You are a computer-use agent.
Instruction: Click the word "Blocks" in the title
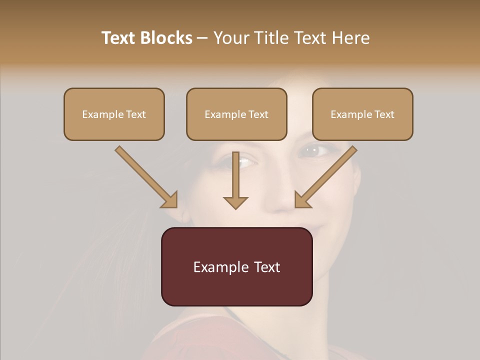(166, 38)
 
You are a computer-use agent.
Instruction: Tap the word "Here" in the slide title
(349, 38)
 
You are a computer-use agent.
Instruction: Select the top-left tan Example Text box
(114, 114)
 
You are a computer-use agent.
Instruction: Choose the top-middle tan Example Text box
(236, 114)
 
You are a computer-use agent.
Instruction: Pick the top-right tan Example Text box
(362, 114)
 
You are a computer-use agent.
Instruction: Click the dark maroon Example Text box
(236, 266)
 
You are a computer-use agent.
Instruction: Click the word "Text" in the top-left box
(135, 114)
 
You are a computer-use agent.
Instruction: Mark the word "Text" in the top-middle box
(258, 114)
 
